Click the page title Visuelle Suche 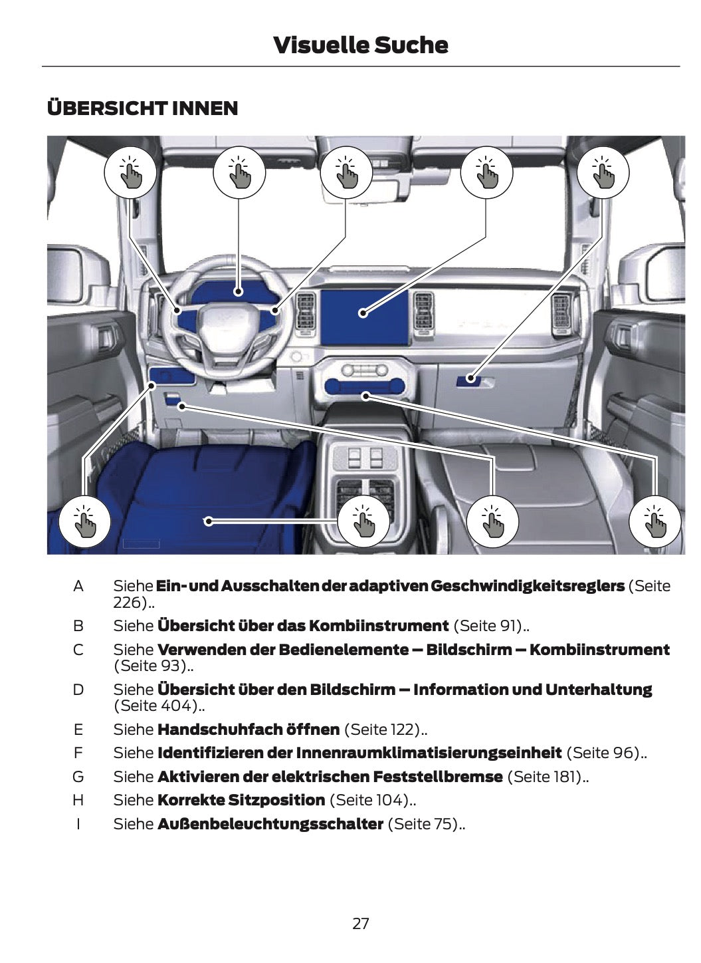click(360, 45)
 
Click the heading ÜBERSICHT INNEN click(142, 108)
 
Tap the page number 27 click(360, 923)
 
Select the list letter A click(78, 587)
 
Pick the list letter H click(78, 800)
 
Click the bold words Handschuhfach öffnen click(249, 730)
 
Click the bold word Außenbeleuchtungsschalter click(270, 824)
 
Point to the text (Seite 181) click(548, 777)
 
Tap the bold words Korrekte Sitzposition click(241, 800)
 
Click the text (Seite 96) click(606, 753)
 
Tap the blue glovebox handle click(470, 380)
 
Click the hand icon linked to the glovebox click(602, 172)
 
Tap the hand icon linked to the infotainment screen click(486, 172)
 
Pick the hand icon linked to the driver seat click(363, 521)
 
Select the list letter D click(78, 690)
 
